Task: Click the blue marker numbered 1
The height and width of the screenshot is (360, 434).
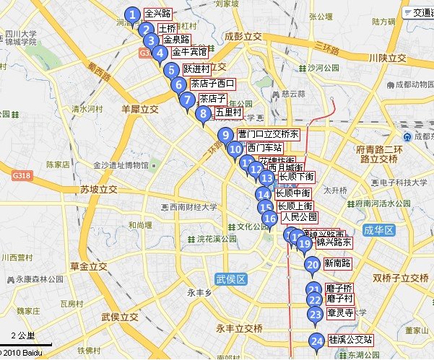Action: pyautogui.click(x=131, y=14)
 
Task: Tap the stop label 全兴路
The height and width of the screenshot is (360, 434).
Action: pyautogui.click(x=157, y=14)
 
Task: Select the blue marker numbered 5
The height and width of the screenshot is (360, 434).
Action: pyautogui.click(x=170, y=70)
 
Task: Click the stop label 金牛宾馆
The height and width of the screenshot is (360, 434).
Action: pyautogui.click(x=190, y=53)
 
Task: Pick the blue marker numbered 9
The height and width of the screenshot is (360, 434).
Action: pyautogui.click(x=225, y=134)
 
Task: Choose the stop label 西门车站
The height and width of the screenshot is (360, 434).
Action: pyautogui.click(x=264, y=149)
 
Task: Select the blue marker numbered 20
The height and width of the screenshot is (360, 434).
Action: pyautogui.click(x=312, y=265)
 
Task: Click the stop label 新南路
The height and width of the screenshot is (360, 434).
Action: pyautogui.click(x=337, y=264)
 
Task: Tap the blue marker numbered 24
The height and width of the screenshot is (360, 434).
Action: pyautogui.click(x=316, y=341)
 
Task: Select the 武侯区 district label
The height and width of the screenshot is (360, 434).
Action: pyautogui.click(x=231, y=278)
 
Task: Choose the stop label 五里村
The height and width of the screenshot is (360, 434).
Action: pyautogui.click(x=227, y=113)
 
